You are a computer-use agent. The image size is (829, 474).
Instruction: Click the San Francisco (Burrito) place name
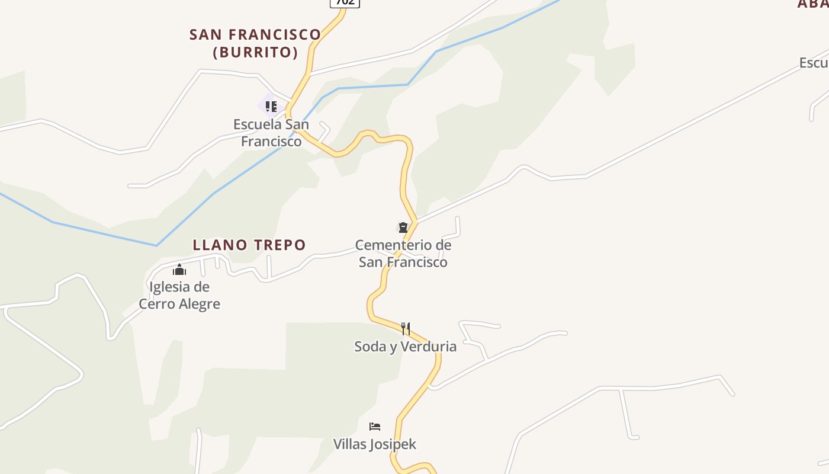tap(255, 43)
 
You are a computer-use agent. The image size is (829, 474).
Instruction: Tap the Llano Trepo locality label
tap(249, 245)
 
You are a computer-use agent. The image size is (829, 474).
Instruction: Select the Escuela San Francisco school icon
tap(271, 107)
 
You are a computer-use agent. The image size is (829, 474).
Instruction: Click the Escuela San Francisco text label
tap(271, 133)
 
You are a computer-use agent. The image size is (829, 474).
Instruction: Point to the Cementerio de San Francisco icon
tap(403, 228)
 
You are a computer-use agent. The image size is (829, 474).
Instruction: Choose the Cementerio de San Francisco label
tap(403, 254)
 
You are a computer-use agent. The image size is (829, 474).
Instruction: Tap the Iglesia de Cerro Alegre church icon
tap(179, 270)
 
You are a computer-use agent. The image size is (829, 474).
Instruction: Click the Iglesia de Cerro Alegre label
tap(179, 296)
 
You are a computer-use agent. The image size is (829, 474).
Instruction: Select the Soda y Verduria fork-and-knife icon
tap(406, 328)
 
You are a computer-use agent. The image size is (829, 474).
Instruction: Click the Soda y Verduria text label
tap(406, 347)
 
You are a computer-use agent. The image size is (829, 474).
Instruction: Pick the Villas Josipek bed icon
tap(375, 426)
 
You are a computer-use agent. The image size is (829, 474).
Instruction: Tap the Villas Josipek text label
tap(375, 444)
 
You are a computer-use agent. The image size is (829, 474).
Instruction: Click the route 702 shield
tap(345, 2)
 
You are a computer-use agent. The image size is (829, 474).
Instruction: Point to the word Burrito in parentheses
tap(255, 52)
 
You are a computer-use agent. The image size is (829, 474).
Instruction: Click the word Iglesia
tap(171, 287)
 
